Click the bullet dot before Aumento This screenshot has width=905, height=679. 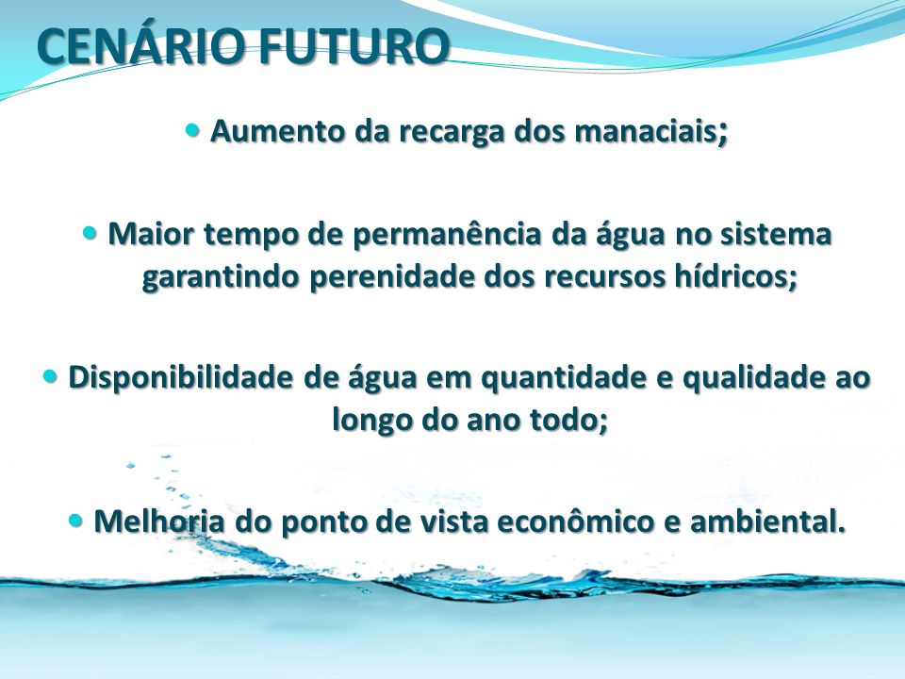(192, 129)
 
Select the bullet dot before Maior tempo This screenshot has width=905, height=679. (90, 233)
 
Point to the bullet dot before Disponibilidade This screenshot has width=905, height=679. (51, 376)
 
